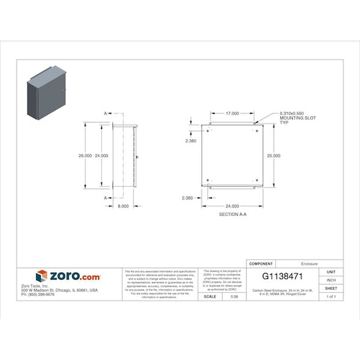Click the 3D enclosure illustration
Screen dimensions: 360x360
click(x=46, y=92)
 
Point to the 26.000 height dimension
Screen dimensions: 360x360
click(x=85, y=156)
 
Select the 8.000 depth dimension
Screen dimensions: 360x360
click(x=123, y=206)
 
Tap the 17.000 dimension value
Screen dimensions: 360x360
click(x=232, y=113)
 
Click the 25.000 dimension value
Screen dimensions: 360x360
click(x=273, y=156)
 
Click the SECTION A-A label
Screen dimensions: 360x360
click(x=232, y=215)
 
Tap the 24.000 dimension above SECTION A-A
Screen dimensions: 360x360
click(x=232, y=206)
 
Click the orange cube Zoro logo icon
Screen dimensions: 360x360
click(x=41, y=276)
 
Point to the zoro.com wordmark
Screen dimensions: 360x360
click(x=74, y=276)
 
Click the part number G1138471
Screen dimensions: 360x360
click(x=283, y=276)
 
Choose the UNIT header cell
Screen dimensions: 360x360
click(x=331, y=272)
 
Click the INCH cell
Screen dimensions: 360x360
click(x=331, y=280)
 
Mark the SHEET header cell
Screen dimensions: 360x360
click(x=331, y=288)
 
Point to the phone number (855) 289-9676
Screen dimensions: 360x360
click(x=38, y=294)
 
